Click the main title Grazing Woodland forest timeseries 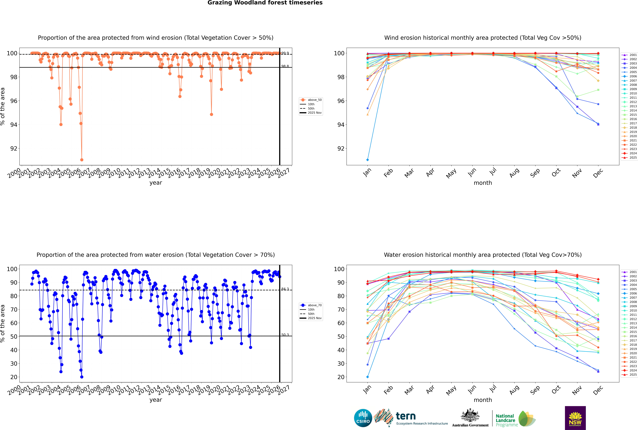coord(265,3)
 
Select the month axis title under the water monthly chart coord(483,400)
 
